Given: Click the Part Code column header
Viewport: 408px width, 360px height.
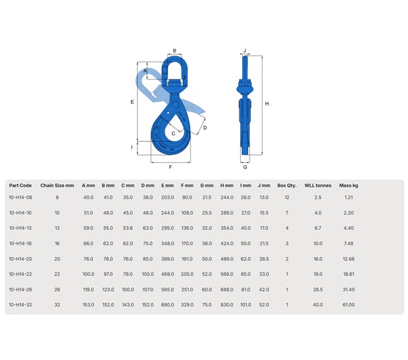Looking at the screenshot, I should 20,185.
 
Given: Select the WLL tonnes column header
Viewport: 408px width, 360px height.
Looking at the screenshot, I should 317,185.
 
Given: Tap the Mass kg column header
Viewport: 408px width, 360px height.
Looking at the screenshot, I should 349,185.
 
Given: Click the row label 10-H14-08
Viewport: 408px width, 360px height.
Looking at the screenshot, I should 20,197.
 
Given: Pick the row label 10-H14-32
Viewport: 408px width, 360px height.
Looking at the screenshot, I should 20,304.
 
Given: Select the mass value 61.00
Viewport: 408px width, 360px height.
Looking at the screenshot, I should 348,304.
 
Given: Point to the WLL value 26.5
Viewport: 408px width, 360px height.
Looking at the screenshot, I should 318,289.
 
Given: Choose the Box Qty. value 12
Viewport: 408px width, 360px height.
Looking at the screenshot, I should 287,197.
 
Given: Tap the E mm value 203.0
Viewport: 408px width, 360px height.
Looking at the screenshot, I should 167,197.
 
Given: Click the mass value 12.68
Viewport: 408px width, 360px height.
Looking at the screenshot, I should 348,258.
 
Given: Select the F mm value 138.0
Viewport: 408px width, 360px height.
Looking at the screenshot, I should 187,228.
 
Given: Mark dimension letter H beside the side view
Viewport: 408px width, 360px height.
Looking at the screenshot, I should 267,103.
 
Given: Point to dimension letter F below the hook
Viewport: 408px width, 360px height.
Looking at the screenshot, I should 169,166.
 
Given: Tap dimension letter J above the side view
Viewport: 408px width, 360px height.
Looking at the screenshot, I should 245,50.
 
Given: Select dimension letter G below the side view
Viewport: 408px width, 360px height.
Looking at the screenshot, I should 245,166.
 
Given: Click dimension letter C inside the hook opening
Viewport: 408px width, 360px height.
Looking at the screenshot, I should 173,134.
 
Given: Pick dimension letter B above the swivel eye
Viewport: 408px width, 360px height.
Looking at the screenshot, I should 174,50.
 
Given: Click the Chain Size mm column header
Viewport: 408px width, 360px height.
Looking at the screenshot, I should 57,185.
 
